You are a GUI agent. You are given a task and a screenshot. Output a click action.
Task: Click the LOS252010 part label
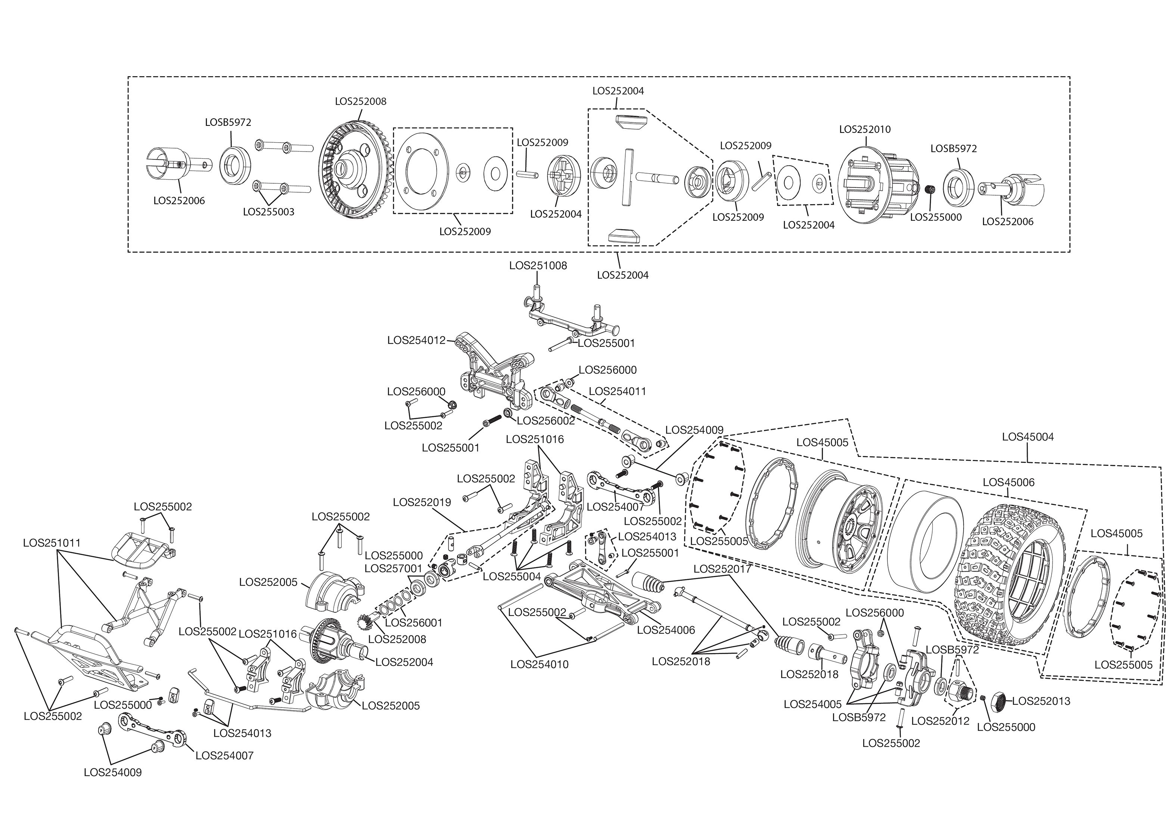pyautogui.click(x=865, y=129)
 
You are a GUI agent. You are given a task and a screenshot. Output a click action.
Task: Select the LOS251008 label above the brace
pyautogui.click(x=538, y=265)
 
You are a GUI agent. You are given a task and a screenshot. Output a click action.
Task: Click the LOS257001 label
pyautogui.click(x=393, y=569)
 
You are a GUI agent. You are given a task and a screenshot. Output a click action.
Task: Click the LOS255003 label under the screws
pyautogui.click(x=268, y=212)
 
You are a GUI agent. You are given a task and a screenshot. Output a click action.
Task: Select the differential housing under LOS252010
pyautogui.click(x=874, y=186)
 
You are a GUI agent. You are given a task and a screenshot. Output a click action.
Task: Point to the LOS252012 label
pyautogui.click(x=940, y=721)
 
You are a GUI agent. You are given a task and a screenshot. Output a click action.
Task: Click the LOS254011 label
pyautogui.click(x=617, y=392)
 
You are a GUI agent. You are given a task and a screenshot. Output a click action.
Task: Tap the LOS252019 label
pyautogui.click(x=421, y=502)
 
